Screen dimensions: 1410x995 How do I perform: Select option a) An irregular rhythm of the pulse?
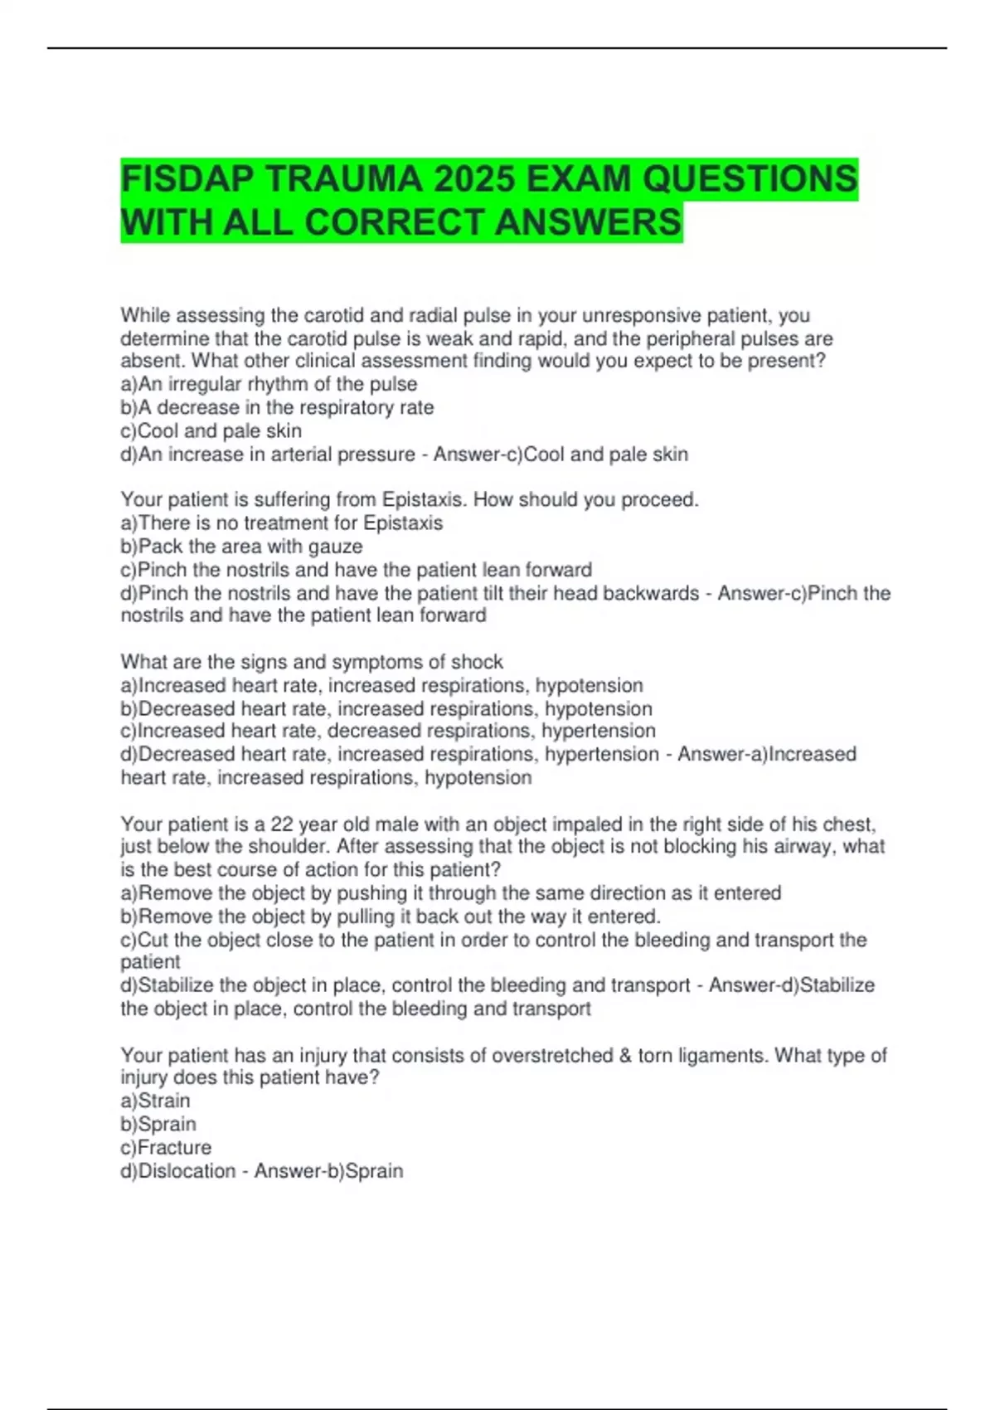pos(269,384)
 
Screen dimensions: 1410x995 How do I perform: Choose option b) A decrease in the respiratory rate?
pos(277,407)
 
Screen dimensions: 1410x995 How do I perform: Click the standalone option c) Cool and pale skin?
pos(211,430)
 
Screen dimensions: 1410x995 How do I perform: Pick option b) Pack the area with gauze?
pos(241,546)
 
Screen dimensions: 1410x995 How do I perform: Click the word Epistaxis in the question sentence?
pos(424,499)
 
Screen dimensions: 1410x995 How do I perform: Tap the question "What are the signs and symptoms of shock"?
pos(312,662)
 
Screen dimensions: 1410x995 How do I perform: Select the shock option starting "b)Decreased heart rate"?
pos(386,708)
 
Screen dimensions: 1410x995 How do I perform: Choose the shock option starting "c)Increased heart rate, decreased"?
pos(388,731)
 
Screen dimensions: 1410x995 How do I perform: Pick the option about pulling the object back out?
pos(391,916)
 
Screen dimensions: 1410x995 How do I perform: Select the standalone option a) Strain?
pos(155,1101)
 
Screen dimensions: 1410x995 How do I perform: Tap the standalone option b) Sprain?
pos(158,1124)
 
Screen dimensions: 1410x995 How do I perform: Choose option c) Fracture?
pos(166,1147)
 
